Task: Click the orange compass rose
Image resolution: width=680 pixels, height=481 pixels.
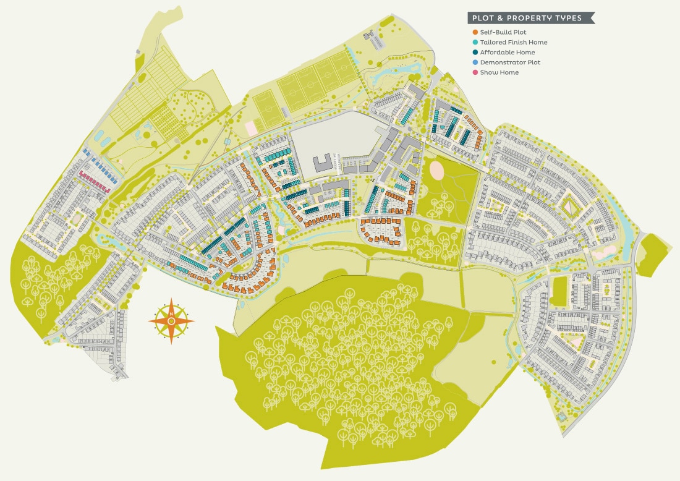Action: pyautogui.click(x=171, y=320)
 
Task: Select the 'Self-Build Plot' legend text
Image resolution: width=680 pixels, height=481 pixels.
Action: pyautogui.click(x=503, y=32)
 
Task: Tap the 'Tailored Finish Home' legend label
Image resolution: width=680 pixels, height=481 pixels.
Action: pyautogui.click(x=514, y=42)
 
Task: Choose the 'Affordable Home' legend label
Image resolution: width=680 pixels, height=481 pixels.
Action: pyautogui.click(x=508, y=53)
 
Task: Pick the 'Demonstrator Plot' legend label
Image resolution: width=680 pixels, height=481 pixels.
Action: pyautogui.click(x=510, y=62)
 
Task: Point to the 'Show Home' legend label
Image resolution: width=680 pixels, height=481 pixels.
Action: pyautogui.click(x=499, y=73)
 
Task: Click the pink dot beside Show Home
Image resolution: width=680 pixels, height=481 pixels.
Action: pyautogui.click(x=475, y=73)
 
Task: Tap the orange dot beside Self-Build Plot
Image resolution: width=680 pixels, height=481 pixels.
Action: pyautogui.click(x=475, y=32)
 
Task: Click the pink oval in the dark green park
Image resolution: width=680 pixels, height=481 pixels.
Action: pyautogui.click(x=436, y=168)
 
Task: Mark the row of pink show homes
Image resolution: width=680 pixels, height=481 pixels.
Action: pyautogui.click(x=94, y=181)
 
